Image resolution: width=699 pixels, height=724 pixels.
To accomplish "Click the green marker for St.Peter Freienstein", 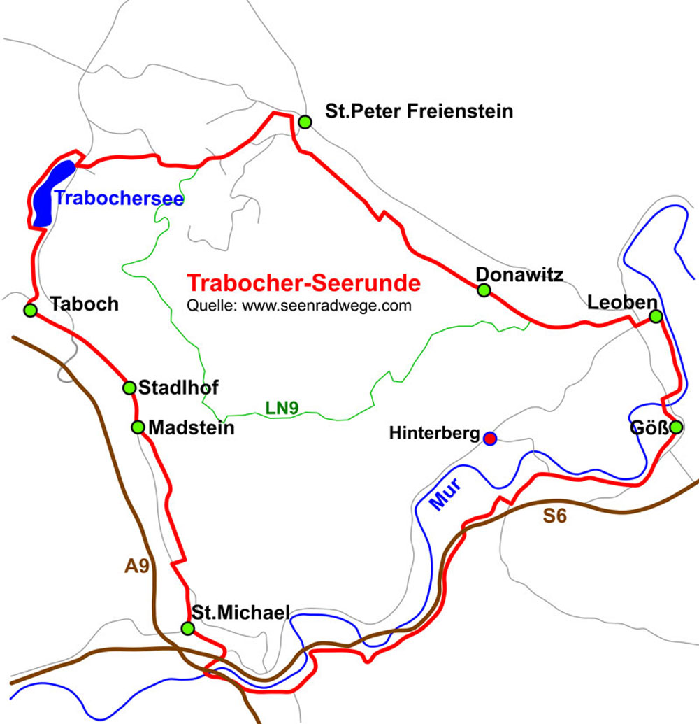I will coord(305,122).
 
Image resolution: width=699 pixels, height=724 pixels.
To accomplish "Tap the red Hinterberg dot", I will coord(490,438).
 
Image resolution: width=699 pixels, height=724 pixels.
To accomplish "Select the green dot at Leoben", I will coord(656,316).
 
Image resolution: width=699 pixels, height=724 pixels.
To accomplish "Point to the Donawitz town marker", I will coord(483,290).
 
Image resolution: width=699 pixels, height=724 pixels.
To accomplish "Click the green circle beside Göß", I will coord(675,427).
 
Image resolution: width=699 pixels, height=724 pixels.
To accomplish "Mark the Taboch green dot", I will coord(30,310).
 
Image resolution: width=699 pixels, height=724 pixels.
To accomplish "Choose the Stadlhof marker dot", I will coord(129,388).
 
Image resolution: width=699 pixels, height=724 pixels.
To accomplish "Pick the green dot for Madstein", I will coord(138,427).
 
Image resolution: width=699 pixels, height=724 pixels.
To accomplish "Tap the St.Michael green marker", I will coord(187,628).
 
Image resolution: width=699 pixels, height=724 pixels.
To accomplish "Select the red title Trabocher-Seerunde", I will coord(305,283).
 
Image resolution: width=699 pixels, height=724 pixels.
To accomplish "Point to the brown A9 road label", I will coord(137,566).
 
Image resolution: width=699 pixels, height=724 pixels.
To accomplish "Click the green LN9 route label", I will coord(282,407).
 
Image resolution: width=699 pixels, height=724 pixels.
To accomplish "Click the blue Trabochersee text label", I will coord(119,199).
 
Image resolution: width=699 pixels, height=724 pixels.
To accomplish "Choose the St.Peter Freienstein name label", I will coord(419,111).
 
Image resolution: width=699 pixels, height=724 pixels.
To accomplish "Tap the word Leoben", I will coord(622,303).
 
